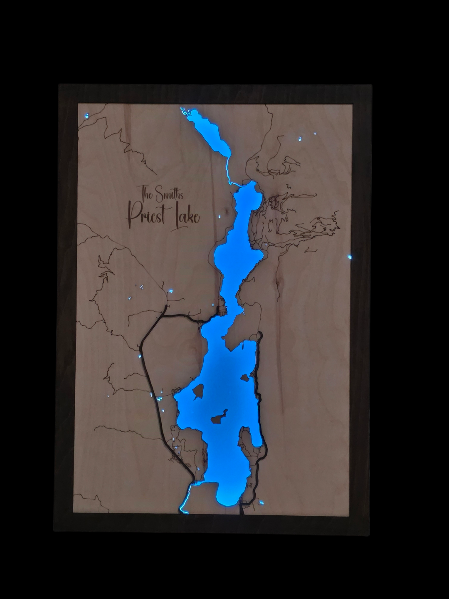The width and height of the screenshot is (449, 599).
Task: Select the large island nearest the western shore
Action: pos(198,391)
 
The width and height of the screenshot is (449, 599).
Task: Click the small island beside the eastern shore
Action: pos(244,378)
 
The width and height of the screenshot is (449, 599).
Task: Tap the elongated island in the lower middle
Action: pos(219,417)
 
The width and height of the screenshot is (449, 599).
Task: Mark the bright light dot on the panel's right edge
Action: pos(350,257)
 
